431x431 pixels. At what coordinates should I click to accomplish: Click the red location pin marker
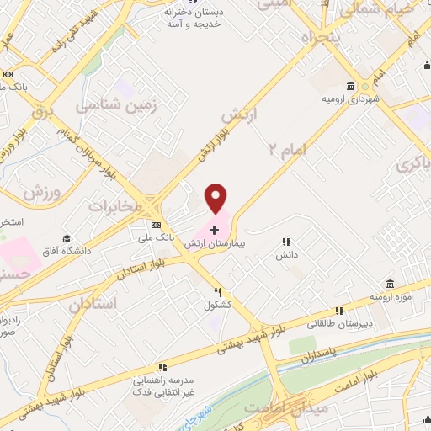[x=216, y=198]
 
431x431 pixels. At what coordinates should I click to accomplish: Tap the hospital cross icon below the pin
[x=215, y=228]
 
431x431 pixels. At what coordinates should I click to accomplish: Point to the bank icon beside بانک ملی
[x=156, y=225]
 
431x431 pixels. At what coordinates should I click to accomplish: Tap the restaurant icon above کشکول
[x=216, y=294]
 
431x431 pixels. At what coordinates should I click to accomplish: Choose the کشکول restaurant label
[x=216, y=306]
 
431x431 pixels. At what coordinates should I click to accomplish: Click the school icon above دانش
[x=286, y=242]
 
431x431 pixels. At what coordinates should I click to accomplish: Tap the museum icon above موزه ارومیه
[x=388, y=285]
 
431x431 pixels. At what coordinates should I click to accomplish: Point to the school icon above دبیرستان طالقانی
[x=339, y=311]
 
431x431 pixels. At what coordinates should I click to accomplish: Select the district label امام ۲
[x=290, y=149]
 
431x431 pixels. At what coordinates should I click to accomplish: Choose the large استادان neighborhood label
[x=93, y=302]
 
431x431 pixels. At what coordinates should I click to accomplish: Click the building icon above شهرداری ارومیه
[x=349, y=87]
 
